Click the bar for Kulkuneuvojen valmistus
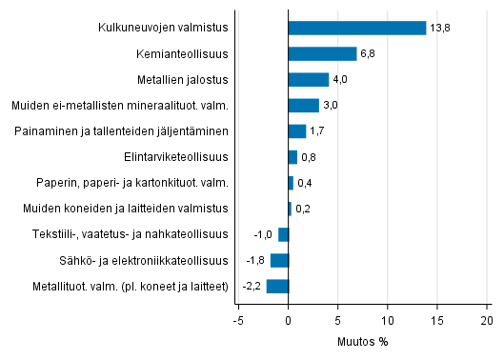pos(356,28)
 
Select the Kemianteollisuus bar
pos(322,53)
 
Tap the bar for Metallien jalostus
pos(308,79)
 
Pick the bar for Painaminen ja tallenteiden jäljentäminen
pos(296,131)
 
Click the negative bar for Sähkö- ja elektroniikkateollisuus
pos(279,260)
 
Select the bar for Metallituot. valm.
pos(277,286)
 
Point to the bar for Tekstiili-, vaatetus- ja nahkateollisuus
pos(283,234)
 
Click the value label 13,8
pos(439,29)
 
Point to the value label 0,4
pos(305,183)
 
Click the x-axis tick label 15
pos(437,321)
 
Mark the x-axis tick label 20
pos(487,321)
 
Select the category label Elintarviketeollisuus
pos(176,157)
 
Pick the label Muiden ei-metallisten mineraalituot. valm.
pos(120,106)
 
